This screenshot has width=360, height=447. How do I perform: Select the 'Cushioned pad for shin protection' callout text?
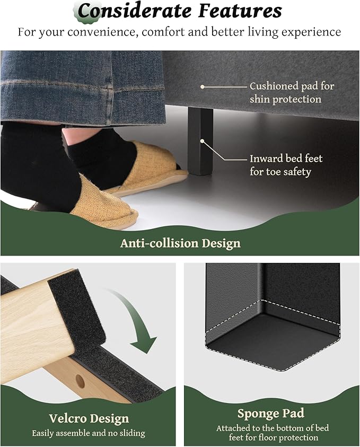(292, 93)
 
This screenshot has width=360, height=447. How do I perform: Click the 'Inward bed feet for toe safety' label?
(286, 165)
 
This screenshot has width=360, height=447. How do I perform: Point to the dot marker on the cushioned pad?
(203, 86)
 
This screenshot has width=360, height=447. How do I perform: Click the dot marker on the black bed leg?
(202, 141)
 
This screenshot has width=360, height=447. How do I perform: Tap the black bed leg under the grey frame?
(200, 141)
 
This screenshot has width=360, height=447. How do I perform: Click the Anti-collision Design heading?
(180, 243)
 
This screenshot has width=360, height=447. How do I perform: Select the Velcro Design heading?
(89, 418)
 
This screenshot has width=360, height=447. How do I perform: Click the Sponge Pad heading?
(271, 414)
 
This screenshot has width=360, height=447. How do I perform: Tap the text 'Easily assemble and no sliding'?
(89, 433)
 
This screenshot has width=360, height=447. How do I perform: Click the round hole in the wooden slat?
(80, 381)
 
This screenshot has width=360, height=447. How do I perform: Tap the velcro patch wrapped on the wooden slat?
(77, 308)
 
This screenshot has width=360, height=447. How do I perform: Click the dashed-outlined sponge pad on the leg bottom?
(272, 336)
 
